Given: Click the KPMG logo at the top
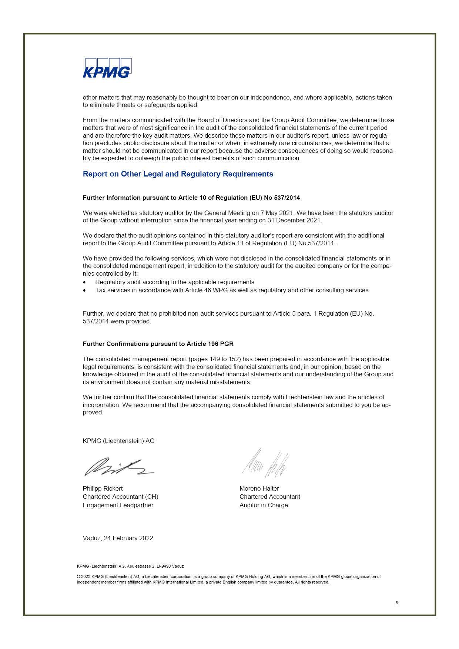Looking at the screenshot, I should tap(107, 68).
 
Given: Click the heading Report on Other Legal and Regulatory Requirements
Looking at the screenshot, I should tap(178, 174).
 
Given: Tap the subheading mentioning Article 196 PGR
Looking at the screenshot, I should tap(158, 344).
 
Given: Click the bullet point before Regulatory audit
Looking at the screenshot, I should tap(85, 282).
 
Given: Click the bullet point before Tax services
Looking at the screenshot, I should tap(85, 290).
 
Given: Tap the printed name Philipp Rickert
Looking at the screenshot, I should tap(103, 488).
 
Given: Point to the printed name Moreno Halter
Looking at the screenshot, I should tap(259, 488).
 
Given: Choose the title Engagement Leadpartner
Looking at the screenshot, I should tap(118, 505).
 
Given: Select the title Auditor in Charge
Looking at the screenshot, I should tap(264, 505).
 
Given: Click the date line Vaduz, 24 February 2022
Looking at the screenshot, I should tap(118, 538).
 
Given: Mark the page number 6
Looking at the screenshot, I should tap(396, 603).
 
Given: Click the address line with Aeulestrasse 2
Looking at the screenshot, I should tap(130, 566).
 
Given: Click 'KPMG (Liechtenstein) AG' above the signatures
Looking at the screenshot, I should tap(118, 441).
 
